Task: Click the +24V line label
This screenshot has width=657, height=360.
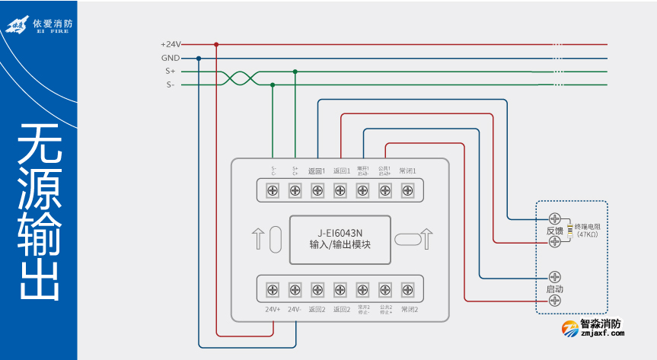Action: point(171,44)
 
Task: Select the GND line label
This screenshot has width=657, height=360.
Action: point(171,58)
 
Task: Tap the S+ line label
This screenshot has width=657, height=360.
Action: point(171,72)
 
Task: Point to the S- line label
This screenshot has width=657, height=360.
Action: point(171,85)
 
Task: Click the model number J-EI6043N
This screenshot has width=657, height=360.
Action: point(340,234)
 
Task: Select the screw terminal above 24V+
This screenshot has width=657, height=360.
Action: point(273,289)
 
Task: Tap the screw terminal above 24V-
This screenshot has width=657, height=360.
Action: point(295,289)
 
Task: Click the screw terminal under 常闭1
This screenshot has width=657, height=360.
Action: point(407,190)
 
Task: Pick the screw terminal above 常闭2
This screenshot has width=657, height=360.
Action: point(407,289)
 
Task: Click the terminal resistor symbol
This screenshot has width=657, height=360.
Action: point(569,230)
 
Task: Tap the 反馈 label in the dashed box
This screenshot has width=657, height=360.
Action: point(554,230)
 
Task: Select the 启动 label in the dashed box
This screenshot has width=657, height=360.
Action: point(554,289)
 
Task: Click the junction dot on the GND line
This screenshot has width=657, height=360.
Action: point(199,58)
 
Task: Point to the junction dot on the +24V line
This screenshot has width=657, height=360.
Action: point(216,44)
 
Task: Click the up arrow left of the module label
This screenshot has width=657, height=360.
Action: point(257,237)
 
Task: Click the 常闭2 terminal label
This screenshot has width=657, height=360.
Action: point(409,309)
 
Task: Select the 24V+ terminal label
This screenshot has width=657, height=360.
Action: point(273,309)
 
